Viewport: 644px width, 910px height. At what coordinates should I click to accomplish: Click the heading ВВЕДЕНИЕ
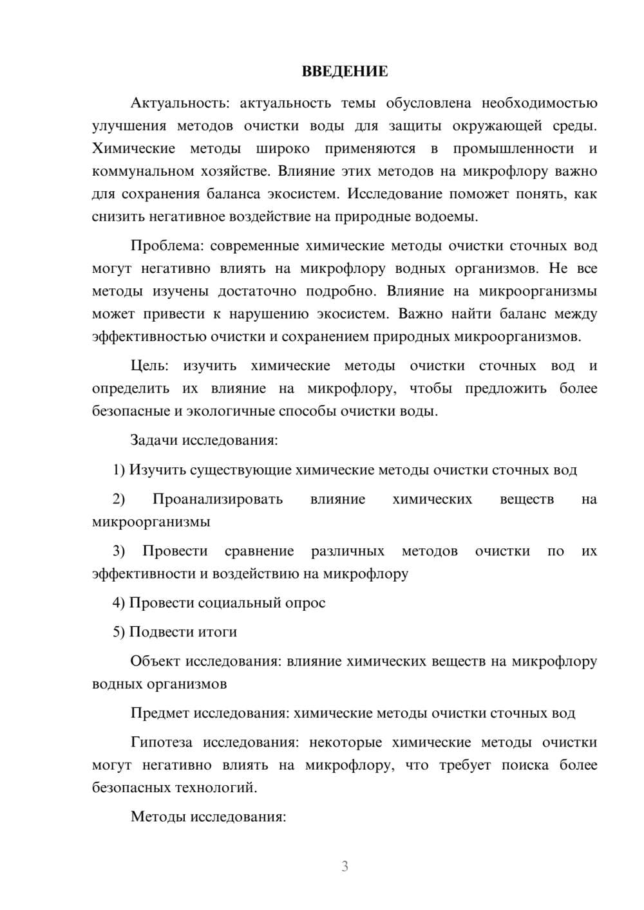click(x=345, y=71)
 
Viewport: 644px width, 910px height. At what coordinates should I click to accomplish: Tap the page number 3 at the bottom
click(x=345, y=866)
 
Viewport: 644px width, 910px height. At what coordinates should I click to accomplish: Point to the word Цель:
click(x=149, y=366)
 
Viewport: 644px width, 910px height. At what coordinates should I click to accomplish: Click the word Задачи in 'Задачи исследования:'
click(x=154, y=441)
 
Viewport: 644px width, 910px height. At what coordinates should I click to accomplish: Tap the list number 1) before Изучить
click(x=119, y=470)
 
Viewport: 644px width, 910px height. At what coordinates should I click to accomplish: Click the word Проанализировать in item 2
click(x=218, y=499)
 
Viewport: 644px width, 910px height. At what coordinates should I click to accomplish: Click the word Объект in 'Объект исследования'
click(x=155, y=662)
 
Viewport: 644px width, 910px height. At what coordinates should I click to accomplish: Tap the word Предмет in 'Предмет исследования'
click(x=160, y=713)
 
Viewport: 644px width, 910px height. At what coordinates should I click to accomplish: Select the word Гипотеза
click(x=162, y=743)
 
